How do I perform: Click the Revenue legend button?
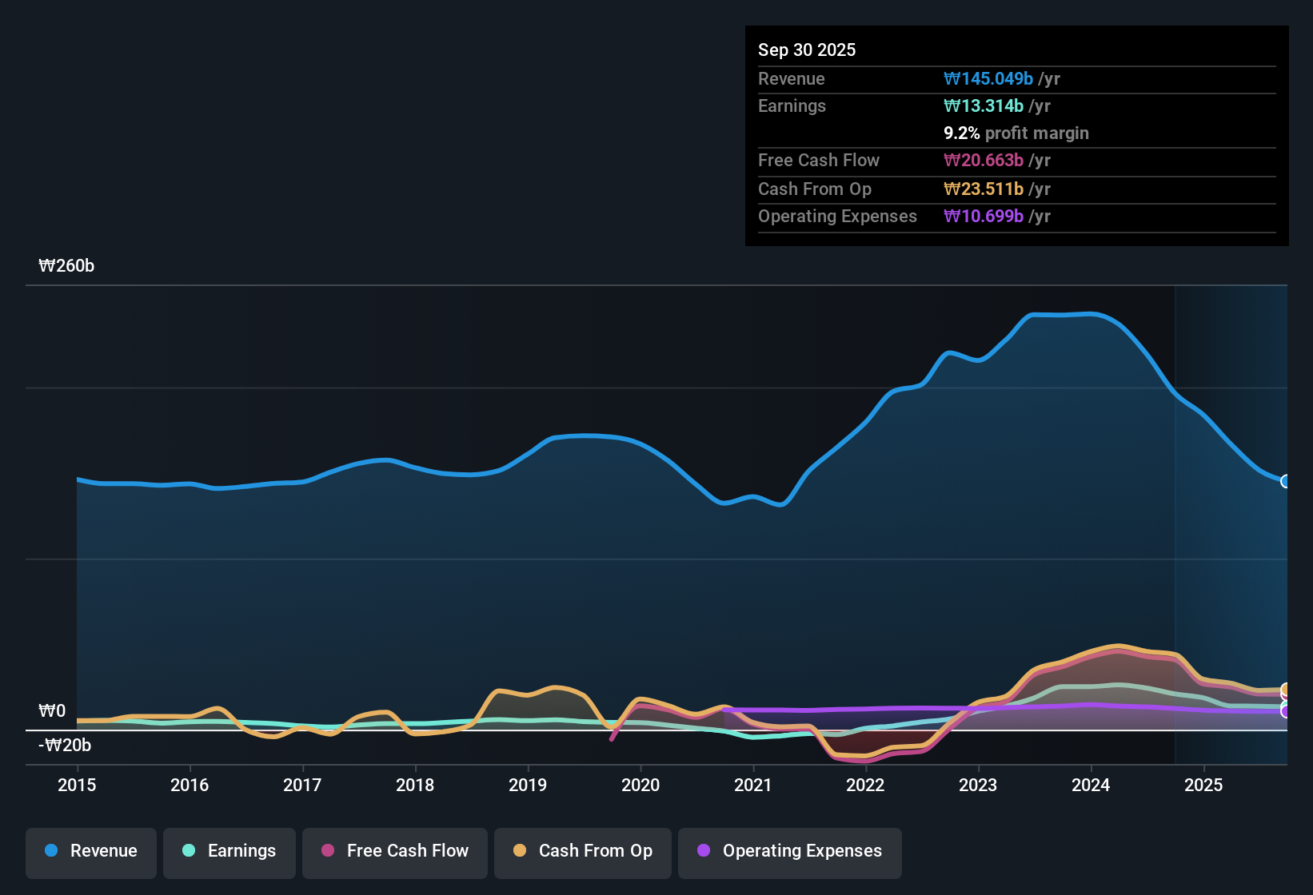click(91, 851)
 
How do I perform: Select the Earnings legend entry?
click(229, 851)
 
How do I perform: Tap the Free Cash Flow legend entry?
click(395, 851)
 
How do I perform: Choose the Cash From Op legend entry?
click(583, 851)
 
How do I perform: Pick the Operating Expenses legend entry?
click(790, 851)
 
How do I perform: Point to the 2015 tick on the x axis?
click(77, 785)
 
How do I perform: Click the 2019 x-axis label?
click(528, 785)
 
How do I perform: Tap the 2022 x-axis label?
click(865, 785)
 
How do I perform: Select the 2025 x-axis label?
click(1203, 785)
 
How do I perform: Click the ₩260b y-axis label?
click(66, 266)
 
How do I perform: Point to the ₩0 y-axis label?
click(52, 710)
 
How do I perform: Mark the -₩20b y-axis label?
click(65, 746)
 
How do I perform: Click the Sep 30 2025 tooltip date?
click(807, 50)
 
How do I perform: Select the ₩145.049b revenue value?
click(988, 78)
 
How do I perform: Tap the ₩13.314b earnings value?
click(984, 105)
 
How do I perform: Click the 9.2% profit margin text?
click(1016, 133)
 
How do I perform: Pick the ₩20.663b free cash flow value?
click(984, 160)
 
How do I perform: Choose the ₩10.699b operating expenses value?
click(984, 216)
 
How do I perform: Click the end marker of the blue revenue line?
click(1286, 481)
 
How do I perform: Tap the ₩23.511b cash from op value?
click(984, 189)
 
